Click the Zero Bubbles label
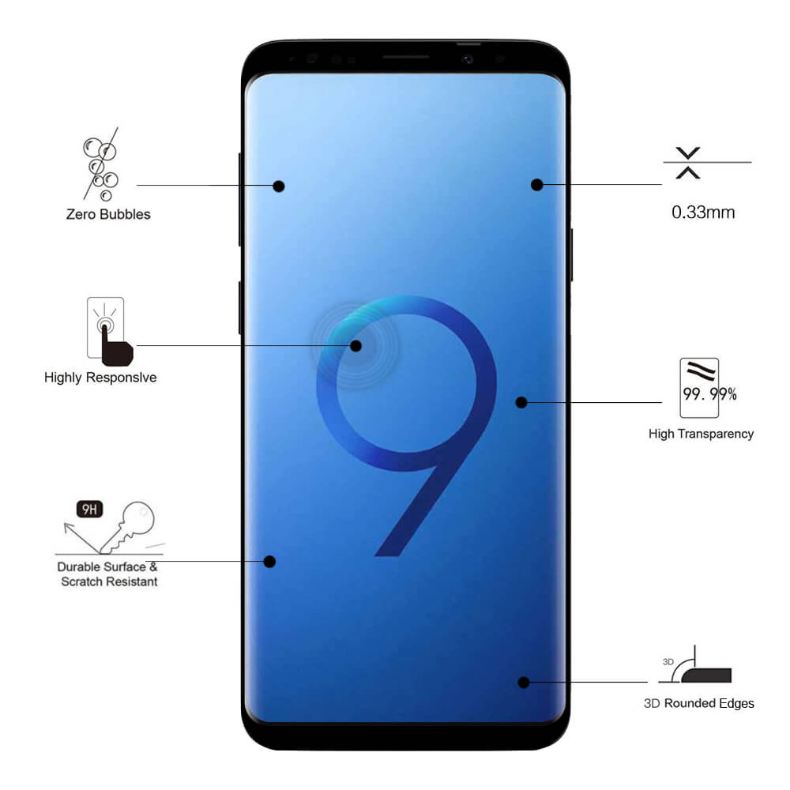point(108,215)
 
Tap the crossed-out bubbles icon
point(101,164)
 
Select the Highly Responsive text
point(100,378)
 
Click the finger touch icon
point(110,332)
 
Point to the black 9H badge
point(90,509)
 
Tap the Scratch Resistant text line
point(109,581)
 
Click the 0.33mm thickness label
point(703,212)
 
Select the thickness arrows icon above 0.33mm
point(688,163)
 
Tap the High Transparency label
point(701,434)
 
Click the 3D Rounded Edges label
point(699,703)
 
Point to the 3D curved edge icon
point(695,665)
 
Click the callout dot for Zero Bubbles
point(279,186)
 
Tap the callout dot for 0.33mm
point(537,185)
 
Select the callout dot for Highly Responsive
point(355,346)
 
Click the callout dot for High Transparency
point(521,402)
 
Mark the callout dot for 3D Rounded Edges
point(524,683)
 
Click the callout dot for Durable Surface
point(269,561)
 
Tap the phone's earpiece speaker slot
point(405,57)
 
